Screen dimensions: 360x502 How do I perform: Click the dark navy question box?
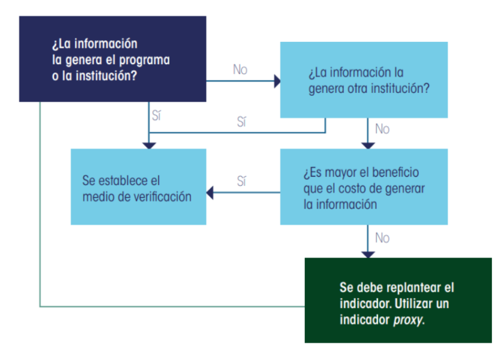point(113,59)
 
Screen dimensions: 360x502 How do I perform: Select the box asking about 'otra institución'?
point(364,80)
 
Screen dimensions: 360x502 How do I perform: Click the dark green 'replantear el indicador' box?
point(398,300)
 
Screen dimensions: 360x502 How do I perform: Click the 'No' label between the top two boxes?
point(240,69)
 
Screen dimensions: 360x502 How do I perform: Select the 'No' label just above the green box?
point(382,238)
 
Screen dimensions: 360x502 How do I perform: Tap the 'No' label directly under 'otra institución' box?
point(382,129)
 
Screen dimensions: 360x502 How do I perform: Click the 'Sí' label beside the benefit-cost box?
point(241,181)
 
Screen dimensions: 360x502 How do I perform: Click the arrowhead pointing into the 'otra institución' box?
point(277,81)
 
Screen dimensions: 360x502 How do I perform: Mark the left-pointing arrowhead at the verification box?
point(210,193)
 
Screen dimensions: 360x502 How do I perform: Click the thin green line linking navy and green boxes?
point(40,240)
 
